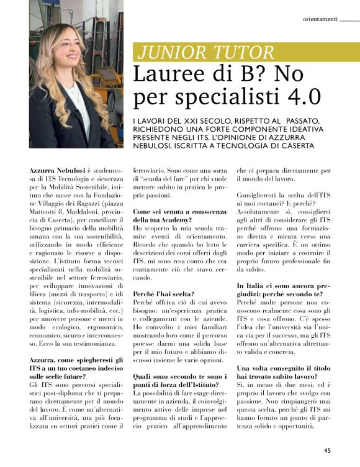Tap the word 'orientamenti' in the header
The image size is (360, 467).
320,19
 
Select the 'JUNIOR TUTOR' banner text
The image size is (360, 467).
206,52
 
